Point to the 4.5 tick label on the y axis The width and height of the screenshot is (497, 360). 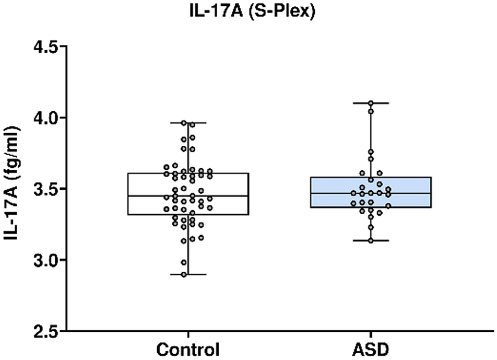(x=44, y=47)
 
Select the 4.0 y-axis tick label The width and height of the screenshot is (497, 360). (x=44, y=118)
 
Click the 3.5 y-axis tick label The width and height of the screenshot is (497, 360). (x=44, y=189)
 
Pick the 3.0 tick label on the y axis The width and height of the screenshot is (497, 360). (x=44, y=260)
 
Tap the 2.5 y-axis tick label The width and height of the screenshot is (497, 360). (x=44, y=331)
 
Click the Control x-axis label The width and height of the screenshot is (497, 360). (x=187, y=349)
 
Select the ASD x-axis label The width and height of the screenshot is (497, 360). (x=371, y=349)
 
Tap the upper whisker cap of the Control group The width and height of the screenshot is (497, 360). (x=187, y=123)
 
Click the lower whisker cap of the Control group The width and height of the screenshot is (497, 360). (x=187, y=274)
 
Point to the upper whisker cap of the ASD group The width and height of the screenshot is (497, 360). (x=371, y=103)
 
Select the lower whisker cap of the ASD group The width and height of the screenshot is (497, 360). (x=371, y=240)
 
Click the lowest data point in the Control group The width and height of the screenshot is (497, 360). (x=184, y=274)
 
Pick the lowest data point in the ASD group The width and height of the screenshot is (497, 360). (x=371, y=240)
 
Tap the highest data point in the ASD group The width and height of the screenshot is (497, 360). (x=371, y=103)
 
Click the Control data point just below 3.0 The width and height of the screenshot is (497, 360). (x=184, y=262)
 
